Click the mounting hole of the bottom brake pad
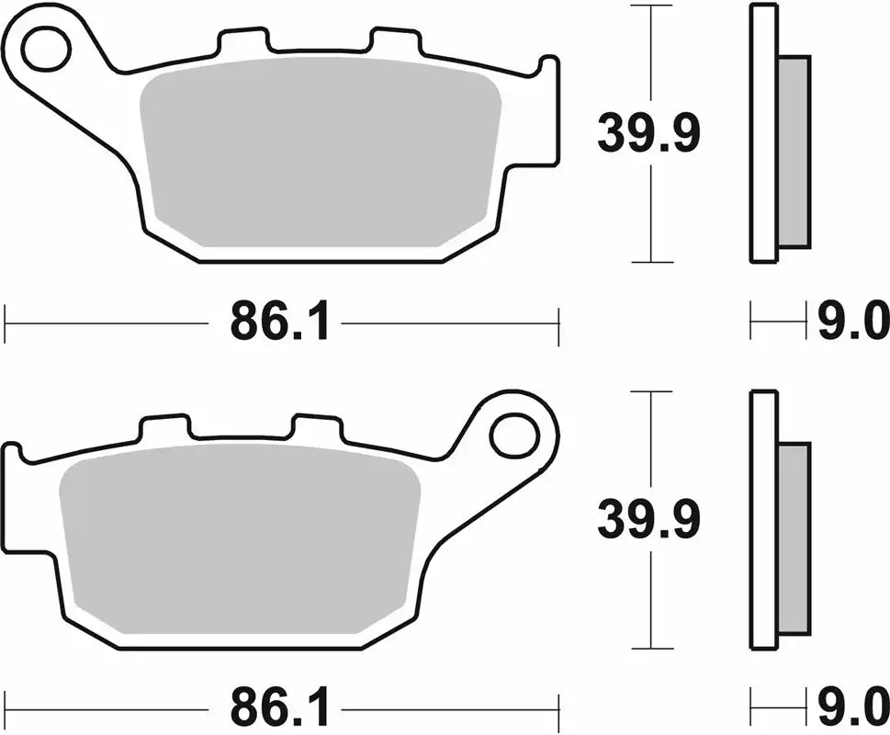pos(513,435)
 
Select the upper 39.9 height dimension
pos(649,134)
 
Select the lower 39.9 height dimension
pos(649,520)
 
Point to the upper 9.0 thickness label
pos(853,323)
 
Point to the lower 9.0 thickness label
pos(853,709)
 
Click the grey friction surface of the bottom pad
pos(239,537)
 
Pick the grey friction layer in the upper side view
pos(794,152)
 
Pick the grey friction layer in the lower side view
pos(794,537)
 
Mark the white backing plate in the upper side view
pos(763,133)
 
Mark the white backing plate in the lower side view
pos(763,519)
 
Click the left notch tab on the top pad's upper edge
pos(244,41)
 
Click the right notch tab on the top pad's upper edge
pos(395,41)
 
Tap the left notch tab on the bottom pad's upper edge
pos(164,427)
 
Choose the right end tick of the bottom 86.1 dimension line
pos(558,710)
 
